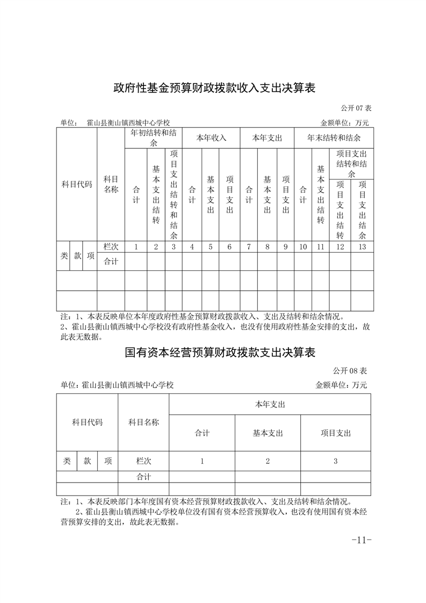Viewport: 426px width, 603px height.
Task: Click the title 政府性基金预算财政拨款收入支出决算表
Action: (x=213, y=88)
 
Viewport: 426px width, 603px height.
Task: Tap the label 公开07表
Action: (x=355, y=108)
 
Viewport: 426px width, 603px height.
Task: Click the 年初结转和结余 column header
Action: (x=153, y=138)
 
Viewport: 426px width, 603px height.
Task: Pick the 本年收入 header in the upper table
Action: (x=211, y=138)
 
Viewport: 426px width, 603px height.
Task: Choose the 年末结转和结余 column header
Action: (x=334, y=138)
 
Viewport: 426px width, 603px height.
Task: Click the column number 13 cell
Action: (x=362, y=247)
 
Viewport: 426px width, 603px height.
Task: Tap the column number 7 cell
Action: (x=249, y=247)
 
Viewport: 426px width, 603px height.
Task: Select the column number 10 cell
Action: (x=303, y=247)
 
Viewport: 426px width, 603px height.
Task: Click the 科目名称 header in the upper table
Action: (x=111, y=184)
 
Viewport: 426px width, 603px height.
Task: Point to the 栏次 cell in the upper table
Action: (x=111, y=247)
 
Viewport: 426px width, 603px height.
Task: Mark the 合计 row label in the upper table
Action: (x=111, y=262)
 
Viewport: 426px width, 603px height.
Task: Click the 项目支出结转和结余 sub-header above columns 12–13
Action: (x=351, y=164)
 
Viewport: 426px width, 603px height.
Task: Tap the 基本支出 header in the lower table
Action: (x=268, y=433)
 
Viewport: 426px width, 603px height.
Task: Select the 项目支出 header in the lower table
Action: (x=336, y=433)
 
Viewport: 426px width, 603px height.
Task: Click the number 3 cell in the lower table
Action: (x=336, y=461)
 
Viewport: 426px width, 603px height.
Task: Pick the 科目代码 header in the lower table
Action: (x=87, y=422)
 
